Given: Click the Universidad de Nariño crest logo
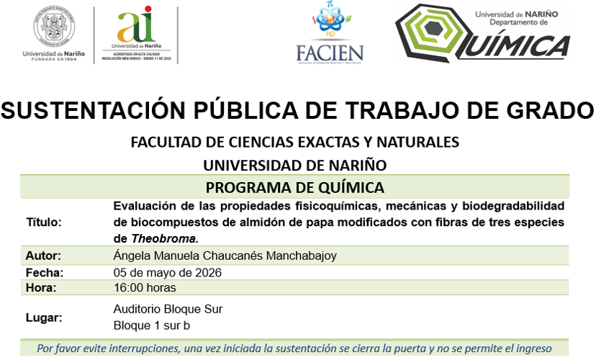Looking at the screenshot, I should [53, 28].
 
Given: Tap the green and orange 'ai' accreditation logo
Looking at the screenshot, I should [136, 27].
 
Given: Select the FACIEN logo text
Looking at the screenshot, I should [330, 53].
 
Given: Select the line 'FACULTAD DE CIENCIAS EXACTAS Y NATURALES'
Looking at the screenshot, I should [294, 141].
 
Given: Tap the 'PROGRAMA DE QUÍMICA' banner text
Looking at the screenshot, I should [294, 188].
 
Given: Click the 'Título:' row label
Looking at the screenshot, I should [44, 222].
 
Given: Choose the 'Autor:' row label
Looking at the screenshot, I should [43, 256].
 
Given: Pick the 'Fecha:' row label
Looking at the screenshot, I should [45, 273].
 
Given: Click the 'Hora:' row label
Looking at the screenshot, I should [41, 288].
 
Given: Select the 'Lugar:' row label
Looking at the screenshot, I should [44, 318].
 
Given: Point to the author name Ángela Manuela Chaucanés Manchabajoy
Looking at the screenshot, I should [225, 256].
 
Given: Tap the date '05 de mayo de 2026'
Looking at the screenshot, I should [168, 273].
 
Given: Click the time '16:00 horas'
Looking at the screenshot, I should [145, 288].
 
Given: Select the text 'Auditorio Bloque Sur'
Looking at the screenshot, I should [168, 310].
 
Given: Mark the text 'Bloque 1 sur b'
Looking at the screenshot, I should [152, 325].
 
